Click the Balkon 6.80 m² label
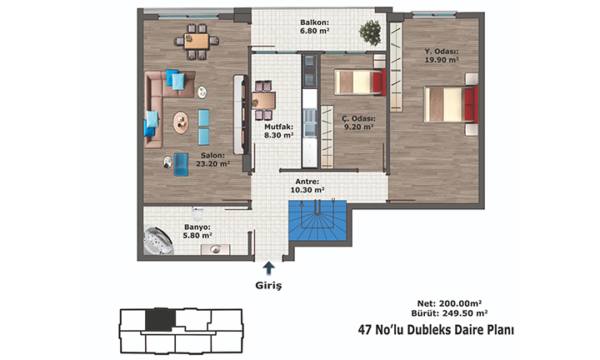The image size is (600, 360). [314, 27]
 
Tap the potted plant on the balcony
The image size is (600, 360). [370, 32]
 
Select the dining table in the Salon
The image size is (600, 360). [197, 42]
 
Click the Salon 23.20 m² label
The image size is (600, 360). [212, 159]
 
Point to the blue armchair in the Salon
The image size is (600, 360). [181, 164]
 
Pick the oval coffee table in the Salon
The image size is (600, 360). [181, 122]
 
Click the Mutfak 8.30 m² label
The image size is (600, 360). [279, 131]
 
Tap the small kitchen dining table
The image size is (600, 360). [263, 101]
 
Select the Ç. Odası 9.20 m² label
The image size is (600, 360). [358, 122]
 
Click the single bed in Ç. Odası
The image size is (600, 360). [360, 82]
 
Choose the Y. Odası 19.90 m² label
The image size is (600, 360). [442, 56]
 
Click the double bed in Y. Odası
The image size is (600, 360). [451, 104]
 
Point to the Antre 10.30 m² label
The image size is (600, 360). [307, 186]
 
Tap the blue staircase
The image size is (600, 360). [317, 221]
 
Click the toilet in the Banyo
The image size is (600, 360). [197, 214]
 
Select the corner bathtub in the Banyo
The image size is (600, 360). [157, 241]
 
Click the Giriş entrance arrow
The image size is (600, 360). [269, 267]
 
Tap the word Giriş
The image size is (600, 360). [268, 285]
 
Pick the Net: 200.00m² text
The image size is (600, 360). [450, 303]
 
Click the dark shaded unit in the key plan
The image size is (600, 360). [160, 319]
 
